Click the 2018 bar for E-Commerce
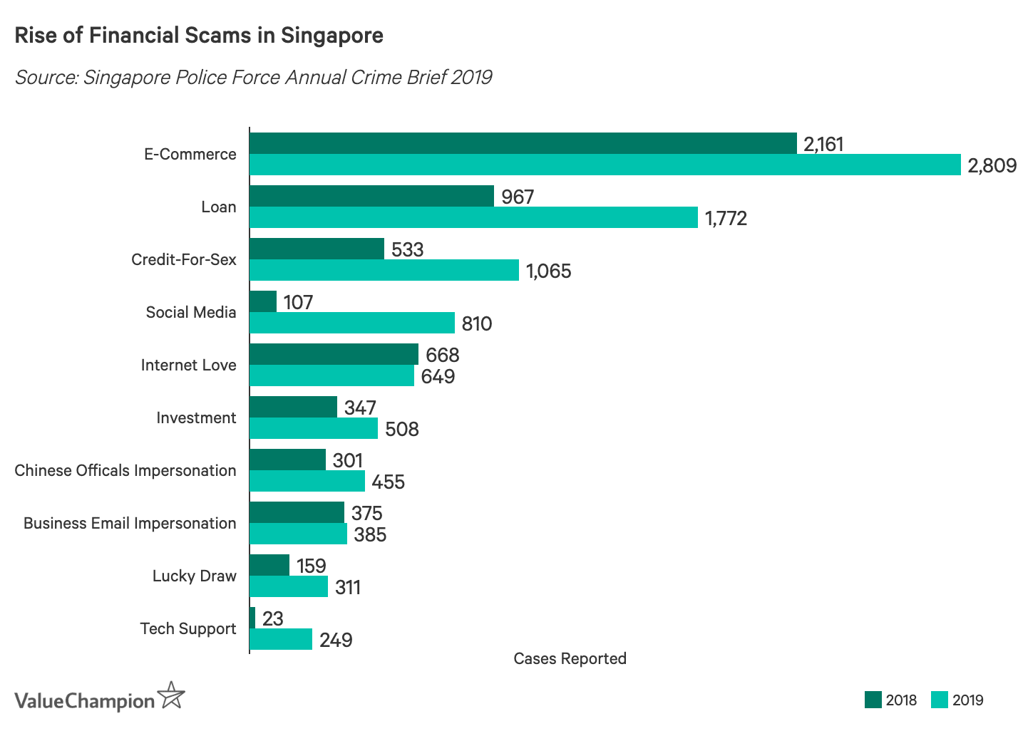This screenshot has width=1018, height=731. (523, 143)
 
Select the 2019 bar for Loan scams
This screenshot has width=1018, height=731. (473, 217)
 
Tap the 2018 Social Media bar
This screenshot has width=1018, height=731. (263, 301)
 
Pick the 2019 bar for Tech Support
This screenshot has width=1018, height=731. (281, 639)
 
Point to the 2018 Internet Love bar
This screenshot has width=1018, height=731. (334, 354)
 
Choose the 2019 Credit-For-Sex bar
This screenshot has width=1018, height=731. (384, 270)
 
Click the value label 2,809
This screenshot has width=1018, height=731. (992, 165)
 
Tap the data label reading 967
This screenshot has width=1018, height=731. (518, 197)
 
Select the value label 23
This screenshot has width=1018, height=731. (272, 618)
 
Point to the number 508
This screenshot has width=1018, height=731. (402, 429)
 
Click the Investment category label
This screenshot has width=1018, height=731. (196, 418)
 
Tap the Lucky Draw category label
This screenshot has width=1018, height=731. (194, 576)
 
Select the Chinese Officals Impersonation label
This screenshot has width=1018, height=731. (125, 470)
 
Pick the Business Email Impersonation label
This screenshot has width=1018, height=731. (130, 523)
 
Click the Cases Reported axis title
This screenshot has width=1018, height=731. (570, 658)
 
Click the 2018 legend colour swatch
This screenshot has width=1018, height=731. (873, 700)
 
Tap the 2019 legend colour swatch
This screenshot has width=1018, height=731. (940, 700)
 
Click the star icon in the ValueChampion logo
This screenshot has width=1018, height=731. (171, 695)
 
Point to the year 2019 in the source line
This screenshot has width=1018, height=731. (471, 77)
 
